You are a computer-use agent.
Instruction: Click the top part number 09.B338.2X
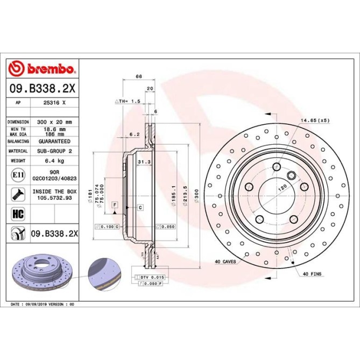coord(42,88)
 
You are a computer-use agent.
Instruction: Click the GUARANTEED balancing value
coord(54,141)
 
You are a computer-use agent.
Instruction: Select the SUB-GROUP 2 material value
coord(54,151)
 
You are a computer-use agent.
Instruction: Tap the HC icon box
coord(17,214)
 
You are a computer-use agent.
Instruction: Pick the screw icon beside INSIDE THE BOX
coord(17,194)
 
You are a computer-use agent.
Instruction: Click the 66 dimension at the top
coord(138,77)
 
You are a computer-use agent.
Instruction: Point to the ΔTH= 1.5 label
coord(128,101)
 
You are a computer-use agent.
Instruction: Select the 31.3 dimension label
coord(143,161)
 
